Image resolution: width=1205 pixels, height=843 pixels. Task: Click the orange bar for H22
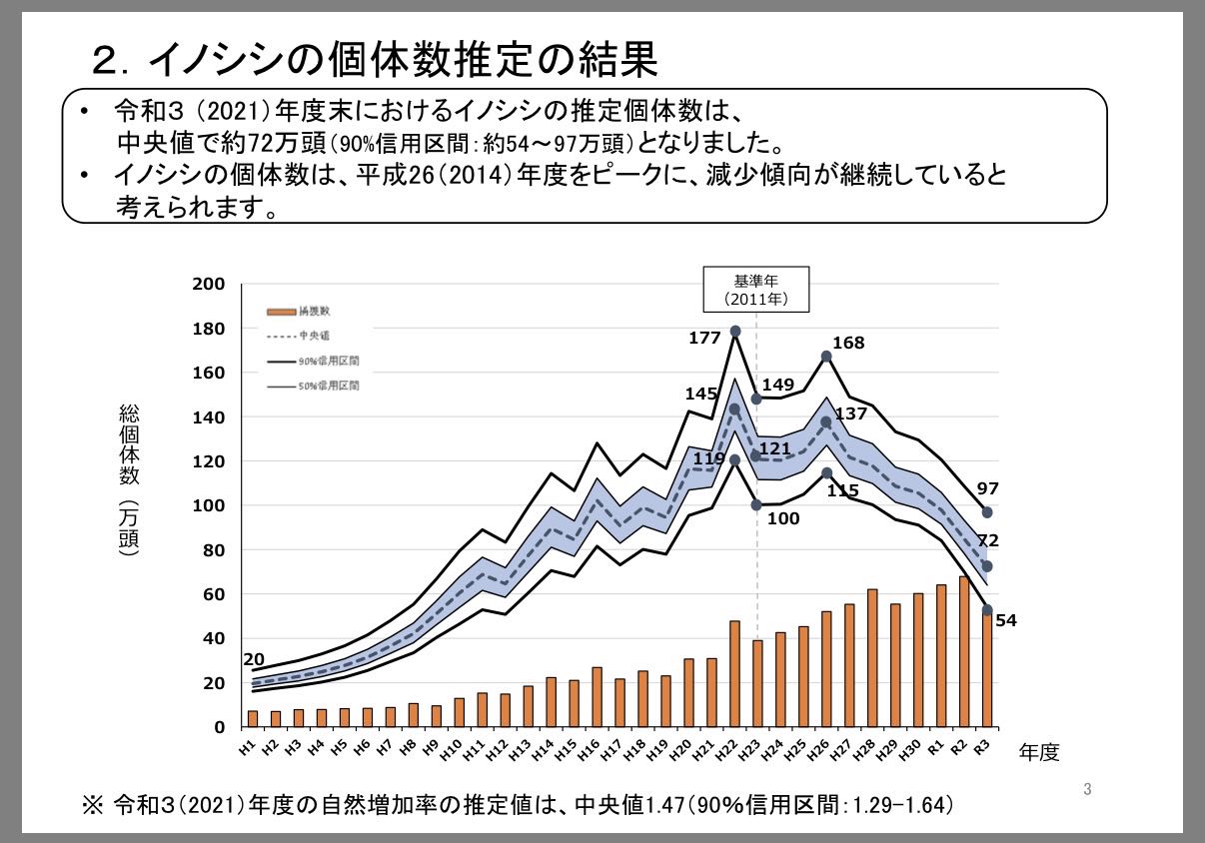[x=734, y=673]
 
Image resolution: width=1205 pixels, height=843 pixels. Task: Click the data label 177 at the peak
[x=704, y=339]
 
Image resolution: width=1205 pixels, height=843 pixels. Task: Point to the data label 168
[x=848, y=344]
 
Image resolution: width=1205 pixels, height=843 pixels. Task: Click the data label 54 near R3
[x=1005, y=621]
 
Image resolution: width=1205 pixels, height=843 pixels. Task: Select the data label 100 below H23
[x=783, y=518]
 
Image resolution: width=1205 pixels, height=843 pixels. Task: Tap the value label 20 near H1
[x=254, y=659]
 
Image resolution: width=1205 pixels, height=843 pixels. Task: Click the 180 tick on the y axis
[x=210, y=329]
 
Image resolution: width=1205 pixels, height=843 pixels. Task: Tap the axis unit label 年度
[x=1038, y=752]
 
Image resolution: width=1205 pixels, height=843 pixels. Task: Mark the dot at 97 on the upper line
[x=987, y=512]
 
